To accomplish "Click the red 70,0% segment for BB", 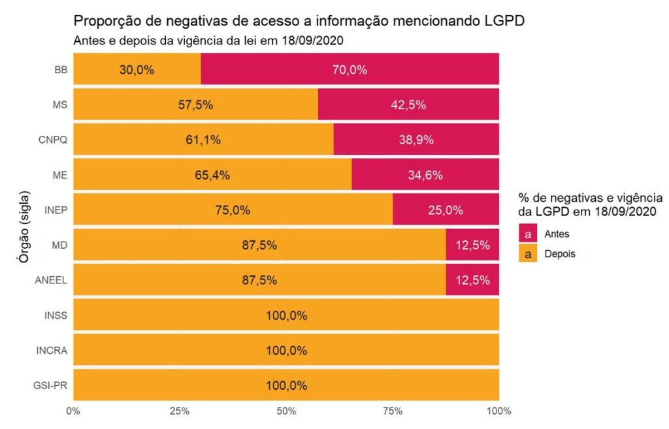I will [x=350, y=69].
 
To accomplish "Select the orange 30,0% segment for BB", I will [x=137, y=69].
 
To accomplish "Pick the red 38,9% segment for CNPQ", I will [x=416, y=140].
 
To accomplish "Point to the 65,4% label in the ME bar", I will [x=212, y=175].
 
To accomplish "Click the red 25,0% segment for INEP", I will [x=446, y=210].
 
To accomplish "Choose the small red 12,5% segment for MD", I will [x=472, y=246].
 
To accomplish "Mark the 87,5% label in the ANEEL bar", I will [x=259, y=281].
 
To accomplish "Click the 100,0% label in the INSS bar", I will [x=286, y=316].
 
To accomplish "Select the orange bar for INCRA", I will [x=286, y=351].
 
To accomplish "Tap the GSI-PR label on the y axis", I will [x=54, y=386].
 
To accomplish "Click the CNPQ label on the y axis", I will [x=53, y=140].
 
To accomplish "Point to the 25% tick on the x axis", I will [x=180, y=411].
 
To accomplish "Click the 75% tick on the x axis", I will [x=393, y=411].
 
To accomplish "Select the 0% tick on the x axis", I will [x=73, y=411].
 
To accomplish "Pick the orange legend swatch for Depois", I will [x=527, y=254].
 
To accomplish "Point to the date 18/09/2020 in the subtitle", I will [x=310, y=40].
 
